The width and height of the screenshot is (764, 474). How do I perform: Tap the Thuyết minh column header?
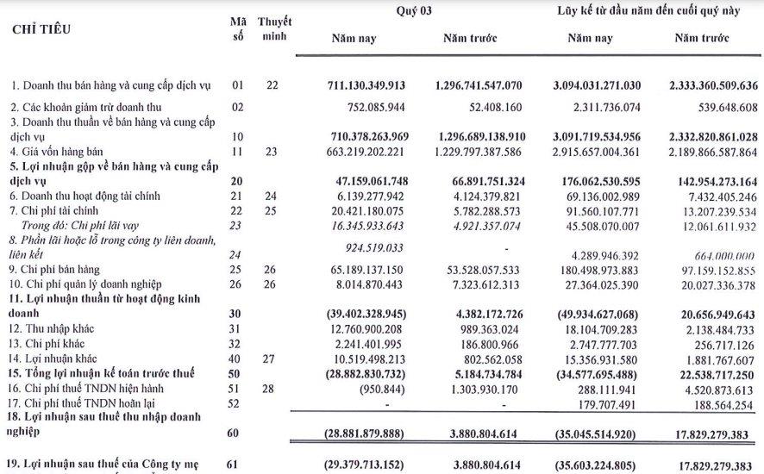pyautogui.click(x=274, y=28)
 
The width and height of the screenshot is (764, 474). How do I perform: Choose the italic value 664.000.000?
pyautogui.click(x=722, y=256)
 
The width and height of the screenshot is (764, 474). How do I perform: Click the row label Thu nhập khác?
pyautogui.click(x=53, y=329)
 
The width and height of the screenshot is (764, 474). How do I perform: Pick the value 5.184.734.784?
pyautogui.click(x=480, y=373)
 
